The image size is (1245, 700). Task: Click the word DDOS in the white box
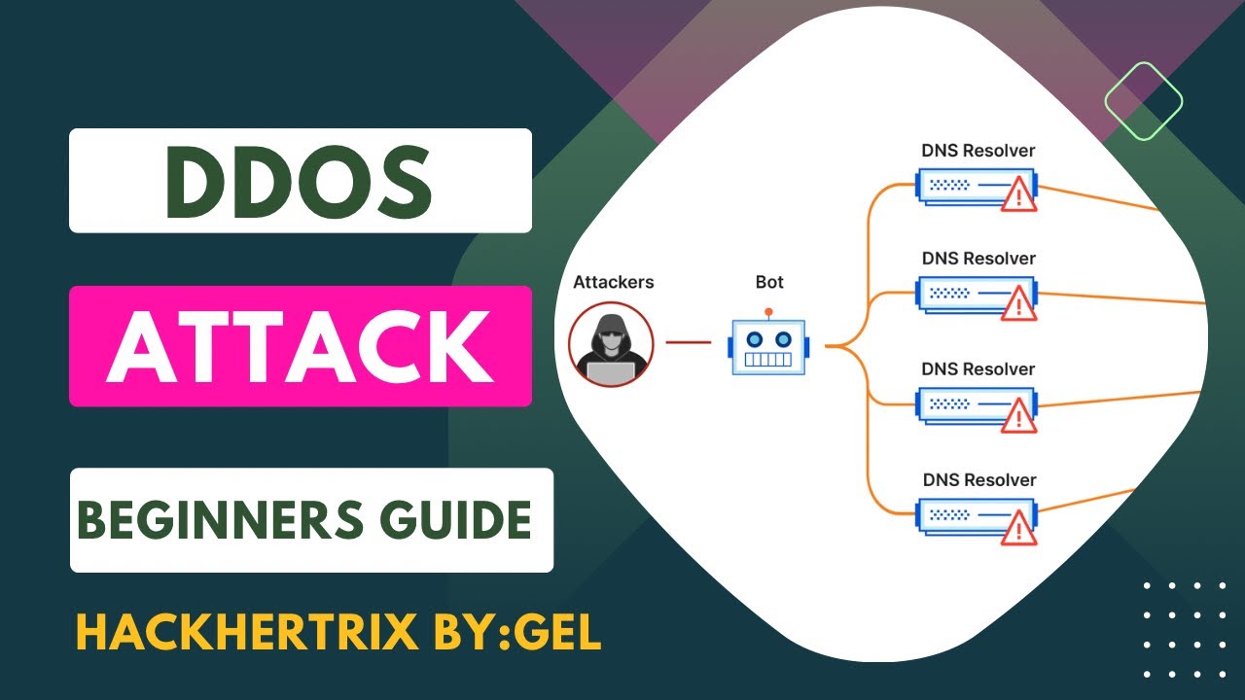coord(301,182)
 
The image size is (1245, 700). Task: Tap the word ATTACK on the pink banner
coord(300,346)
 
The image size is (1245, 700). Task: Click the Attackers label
coord(613,283)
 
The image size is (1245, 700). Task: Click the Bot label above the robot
coord(768,283)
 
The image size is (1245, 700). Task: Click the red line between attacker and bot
coord(689,342)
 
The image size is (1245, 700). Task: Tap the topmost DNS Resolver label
coord(978,151)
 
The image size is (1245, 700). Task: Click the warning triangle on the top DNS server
coord(1018,194)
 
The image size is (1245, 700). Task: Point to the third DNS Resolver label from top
coord(978,369)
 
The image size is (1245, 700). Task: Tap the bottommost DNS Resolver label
coord(978,480)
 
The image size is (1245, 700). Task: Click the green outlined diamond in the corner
coord(1143,101)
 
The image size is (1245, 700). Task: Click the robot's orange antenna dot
coord(767,313)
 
